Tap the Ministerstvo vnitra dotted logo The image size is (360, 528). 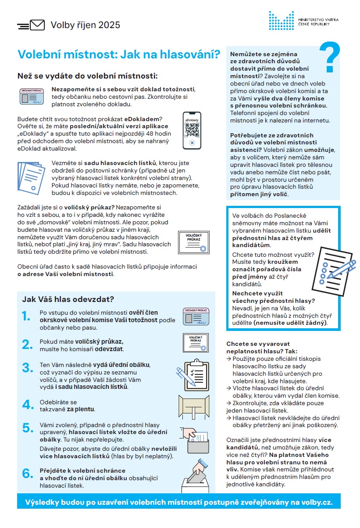281,21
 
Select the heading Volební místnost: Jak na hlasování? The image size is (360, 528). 118,54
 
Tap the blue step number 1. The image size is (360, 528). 27,316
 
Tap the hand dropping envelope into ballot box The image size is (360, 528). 196,474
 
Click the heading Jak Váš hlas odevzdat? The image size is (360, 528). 68,299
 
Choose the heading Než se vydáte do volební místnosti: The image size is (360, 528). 87,76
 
